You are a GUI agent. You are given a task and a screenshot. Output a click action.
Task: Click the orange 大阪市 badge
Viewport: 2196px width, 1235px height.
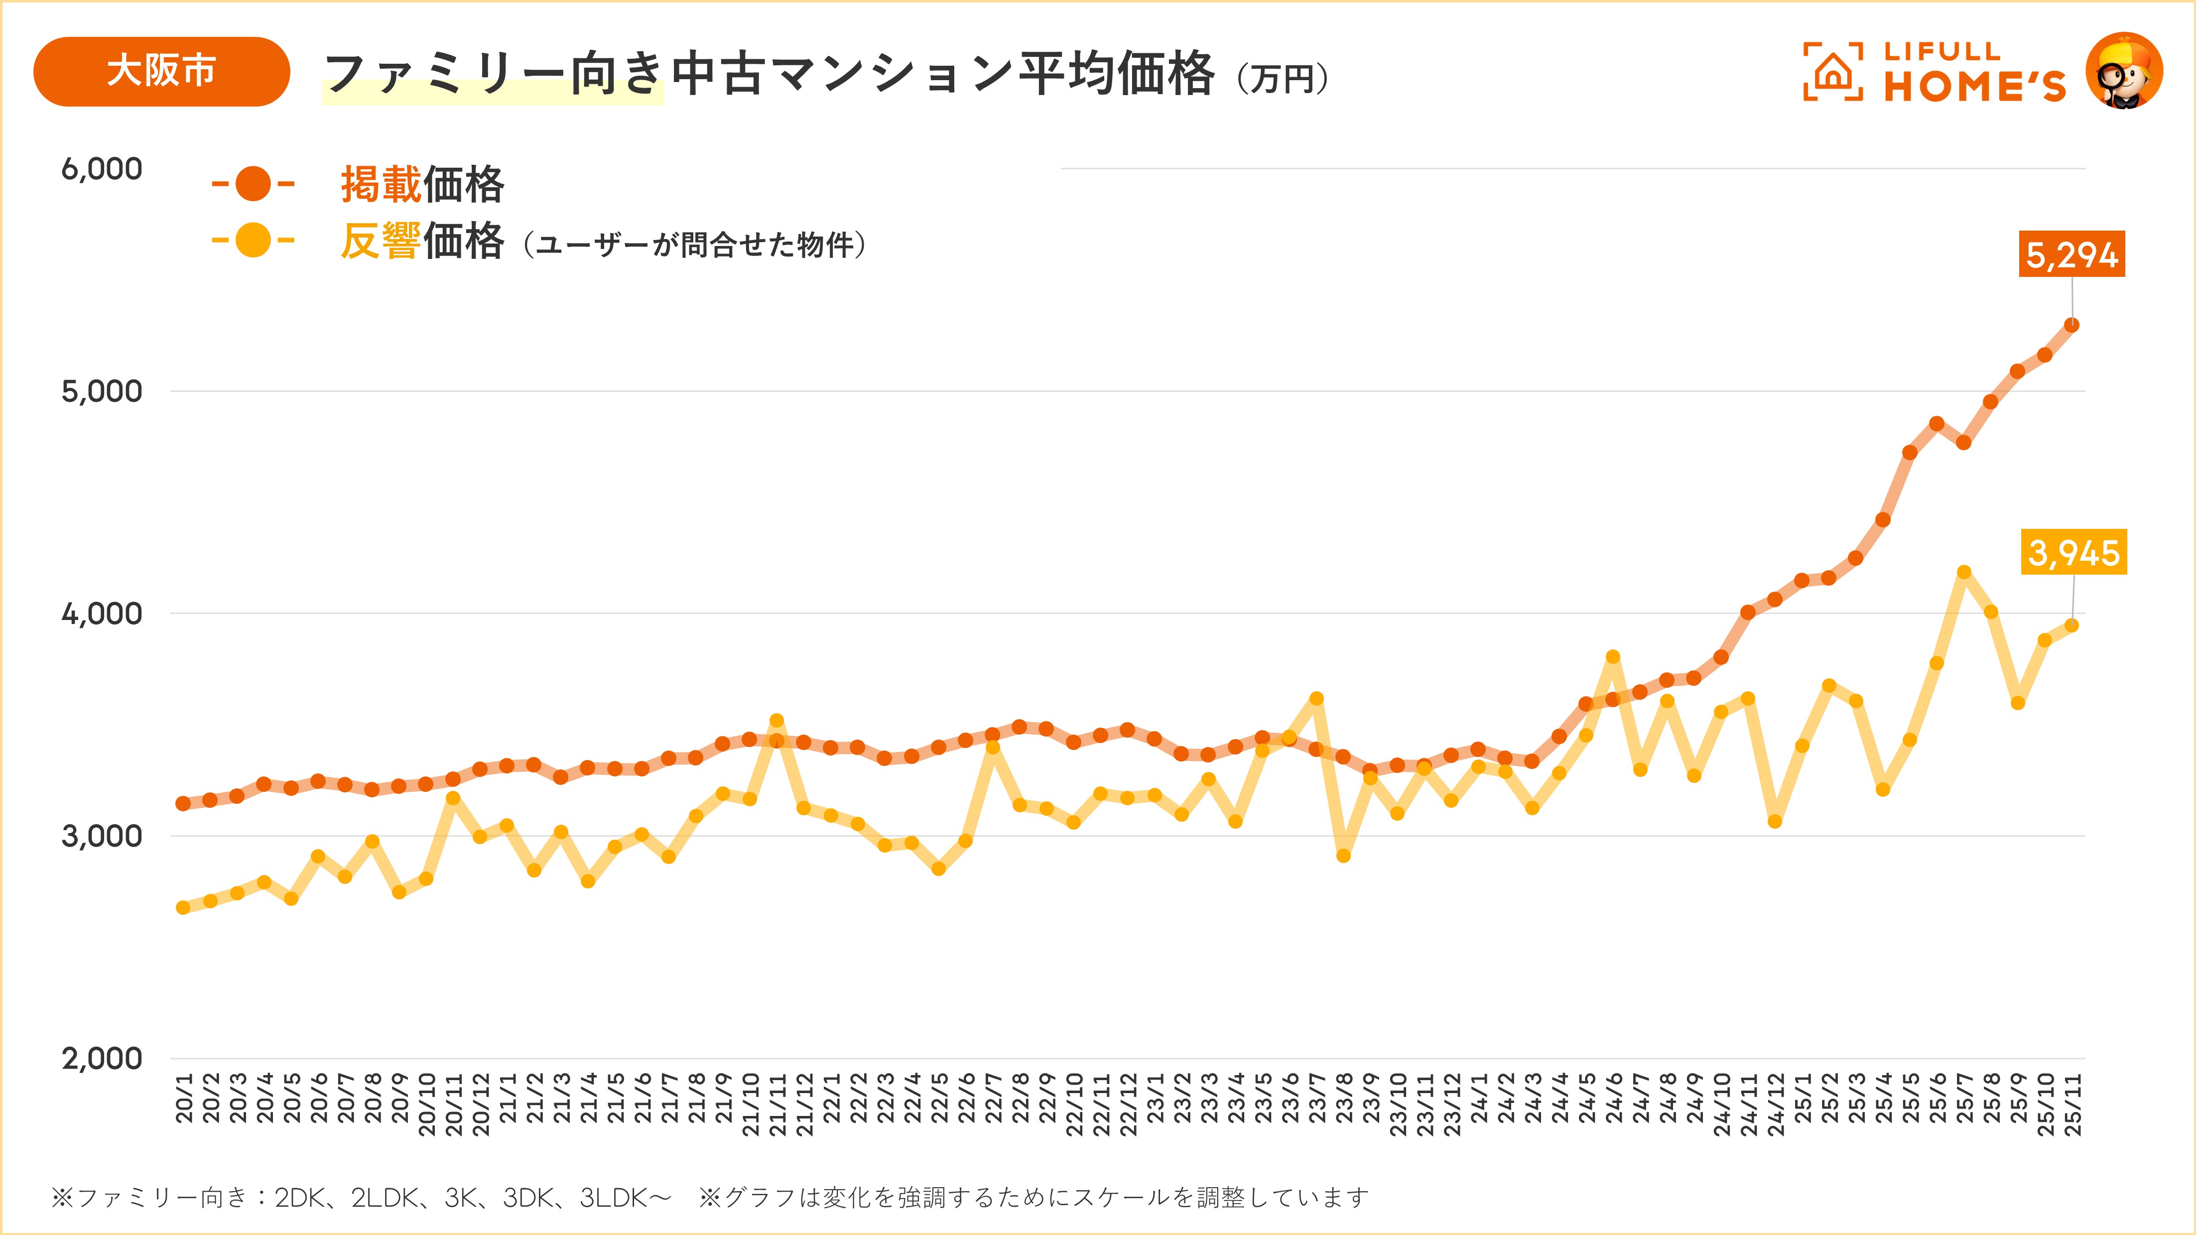point(161,72)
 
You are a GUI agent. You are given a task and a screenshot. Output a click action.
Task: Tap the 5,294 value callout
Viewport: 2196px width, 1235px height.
point(2071,254)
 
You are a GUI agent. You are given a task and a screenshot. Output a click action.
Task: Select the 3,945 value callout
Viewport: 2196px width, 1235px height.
point(2073,552)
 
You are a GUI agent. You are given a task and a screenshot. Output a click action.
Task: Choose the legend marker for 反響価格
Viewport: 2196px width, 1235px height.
point(253,241)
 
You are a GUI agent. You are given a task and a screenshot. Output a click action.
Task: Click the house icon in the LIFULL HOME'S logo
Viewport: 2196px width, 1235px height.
point(1833,72)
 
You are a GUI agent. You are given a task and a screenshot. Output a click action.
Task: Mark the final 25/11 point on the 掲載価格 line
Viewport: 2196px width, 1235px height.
point(2071,325)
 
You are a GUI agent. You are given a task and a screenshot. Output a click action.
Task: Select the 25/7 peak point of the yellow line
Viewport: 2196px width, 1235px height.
point(1964,572)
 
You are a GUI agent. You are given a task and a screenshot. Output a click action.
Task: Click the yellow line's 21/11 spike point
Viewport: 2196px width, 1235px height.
point(776,720)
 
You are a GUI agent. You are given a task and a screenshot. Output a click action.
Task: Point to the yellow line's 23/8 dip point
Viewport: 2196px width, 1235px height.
point(1343,856)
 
